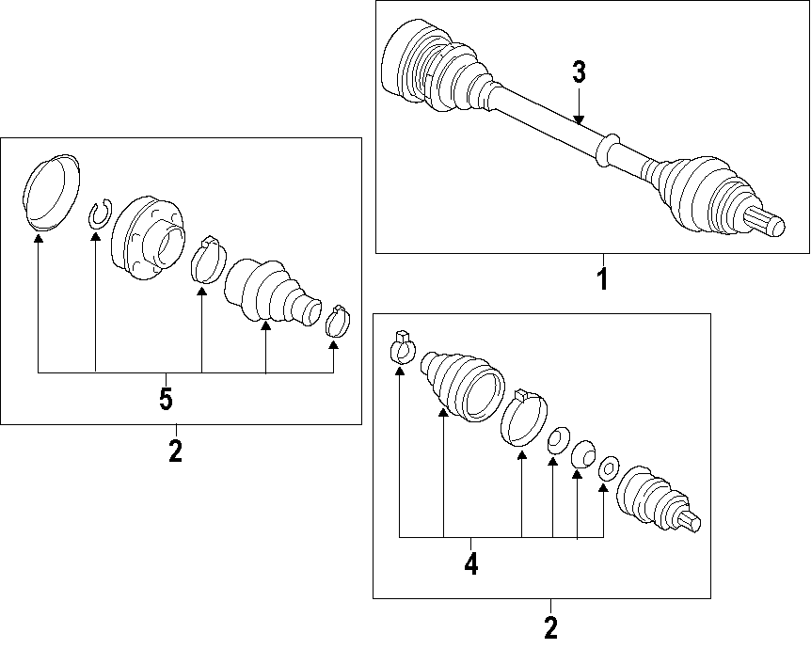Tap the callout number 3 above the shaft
tap(579, 71)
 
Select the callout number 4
tap(470, 563)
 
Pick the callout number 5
tap(166, 400)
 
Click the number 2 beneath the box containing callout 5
tap(175, 451)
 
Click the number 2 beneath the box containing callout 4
tap(550, 625)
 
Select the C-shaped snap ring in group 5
tap(100, 215)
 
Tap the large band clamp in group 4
tap(523, 419)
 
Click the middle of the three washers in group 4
tap(581, 454)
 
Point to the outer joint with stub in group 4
tap(656, 498)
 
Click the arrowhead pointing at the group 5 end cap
tap(39, 239)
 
